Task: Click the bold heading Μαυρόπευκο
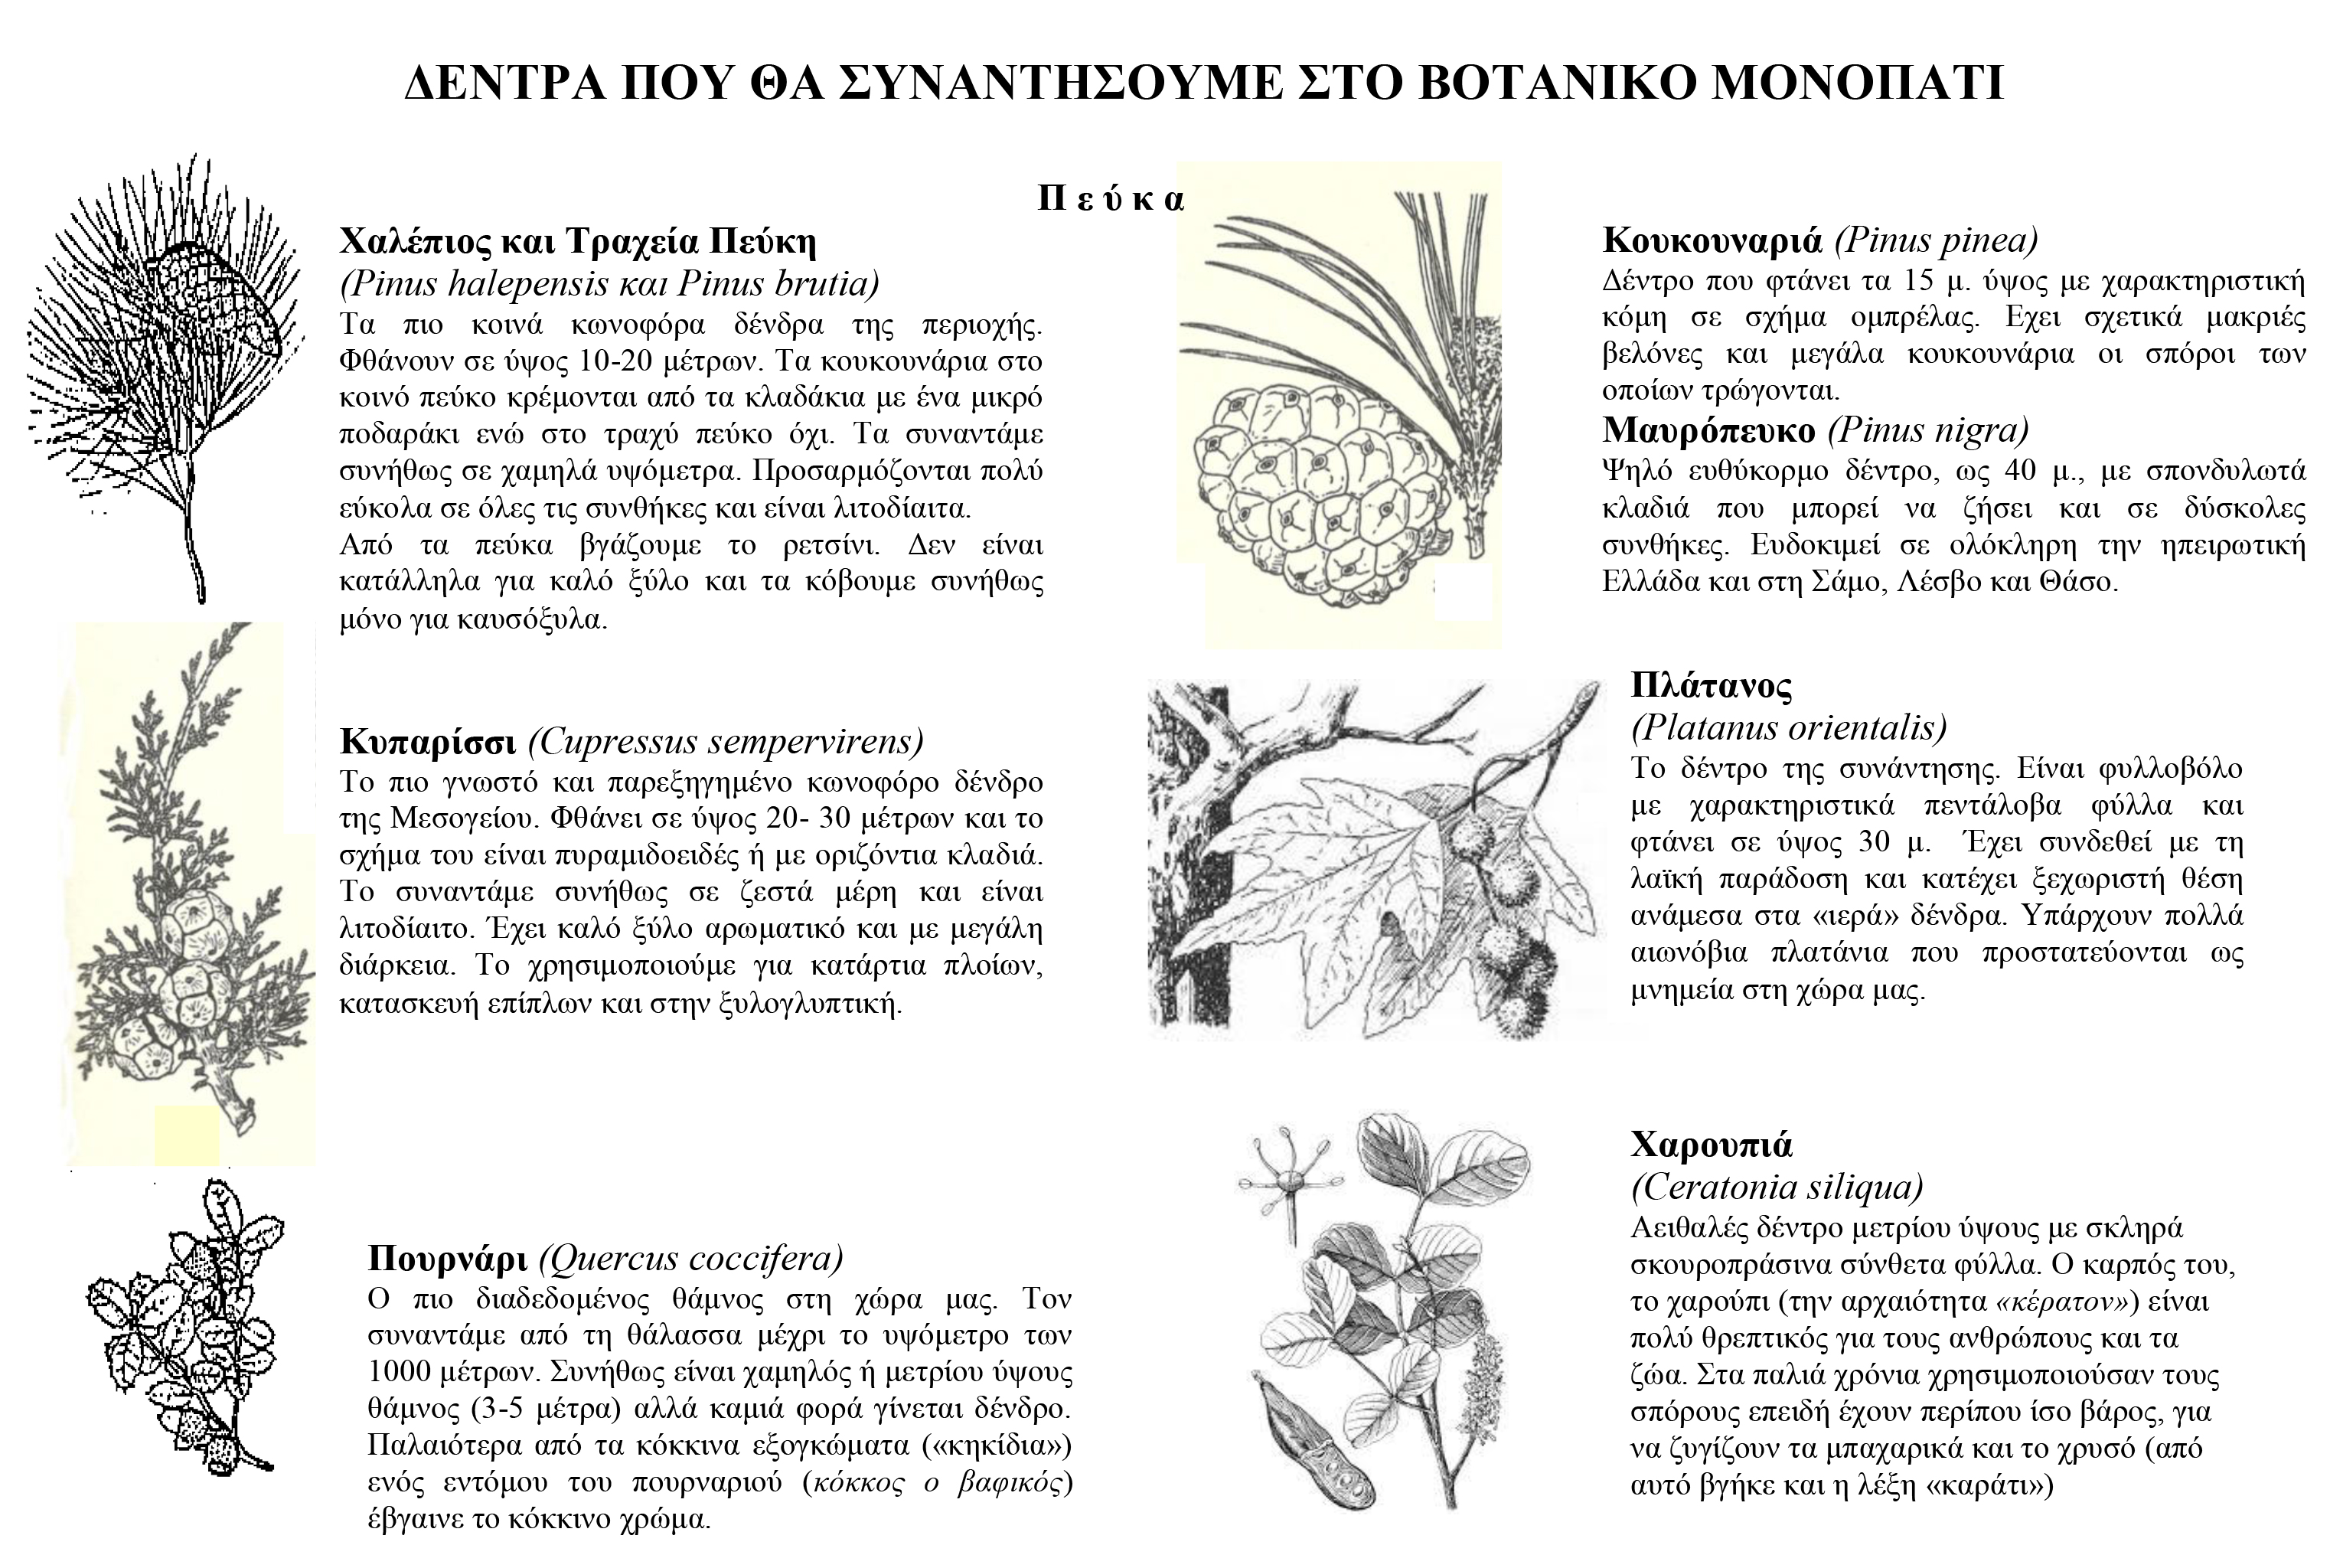click(x=1708, y=430)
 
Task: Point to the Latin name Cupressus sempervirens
click(x=726, y=741)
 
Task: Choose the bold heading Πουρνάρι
click(x=450, y=1257)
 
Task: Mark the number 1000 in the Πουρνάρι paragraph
click(x=404, y=1370)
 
